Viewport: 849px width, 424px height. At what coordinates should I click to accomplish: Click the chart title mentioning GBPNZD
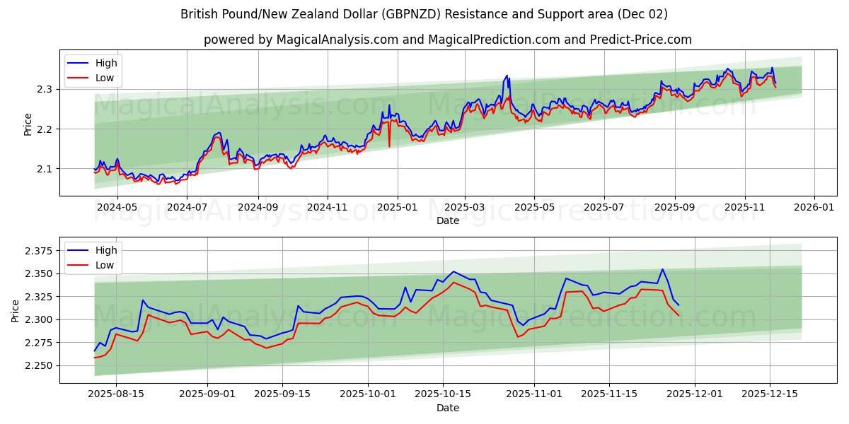click(x=424, y=14)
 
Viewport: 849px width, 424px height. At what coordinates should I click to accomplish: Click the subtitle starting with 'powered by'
click(x=447, y=40)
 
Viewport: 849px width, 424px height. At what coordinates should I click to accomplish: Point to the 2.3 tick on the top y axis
click(x=45, y=89)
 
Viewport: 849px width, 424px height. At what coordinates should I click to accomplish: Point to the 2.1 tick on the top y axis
click(x=45, y=169)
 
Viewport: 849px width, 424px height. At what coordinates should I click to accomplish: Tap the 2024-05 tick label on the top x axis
click(x=117, y=207)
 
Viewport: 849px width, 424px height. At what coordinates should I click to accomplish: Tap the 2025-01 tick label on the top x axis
click(x=397, y=207)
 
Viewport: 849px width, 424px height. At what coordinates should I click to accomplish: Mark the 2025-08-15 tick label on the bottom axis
click(x=115, y=394)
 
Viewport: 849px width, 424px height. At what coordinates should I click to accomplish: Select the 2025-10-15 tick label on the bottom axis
click(x=442, y=394)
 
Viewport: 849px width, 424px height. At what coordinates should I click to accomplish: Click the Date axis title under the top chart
click(x=447, y=220)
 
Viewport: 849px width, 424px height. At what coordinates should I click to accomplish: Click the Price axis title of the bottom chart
click(x=16, y=310)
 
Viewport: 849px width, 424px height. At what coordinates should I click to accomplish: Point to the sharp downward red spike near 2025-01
click(x=389, y=146)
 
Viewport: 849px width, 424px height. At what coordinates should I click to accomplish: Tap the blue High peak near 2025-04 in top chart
click(x=507, y=75)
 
